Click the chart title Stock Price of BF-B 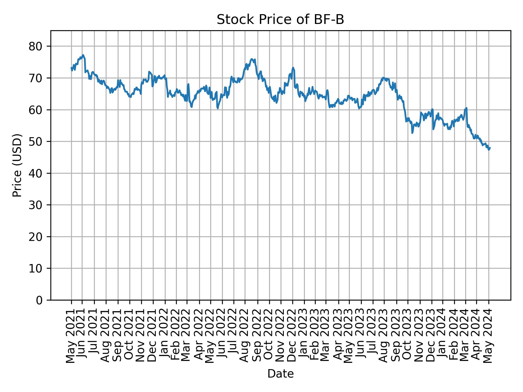280,20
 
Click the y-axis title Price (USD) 17,165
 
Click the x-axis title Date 280,374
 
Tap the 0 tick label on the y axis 39,300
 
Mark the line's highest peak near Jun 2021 83,55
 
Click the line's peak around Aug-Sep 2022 252,59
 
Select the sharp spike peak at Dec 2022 293,68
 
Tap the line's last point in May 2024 490,148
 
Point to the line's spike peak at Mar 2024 467,108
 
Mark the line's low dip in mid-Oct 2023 412,133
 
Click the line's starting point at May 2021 71,68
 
